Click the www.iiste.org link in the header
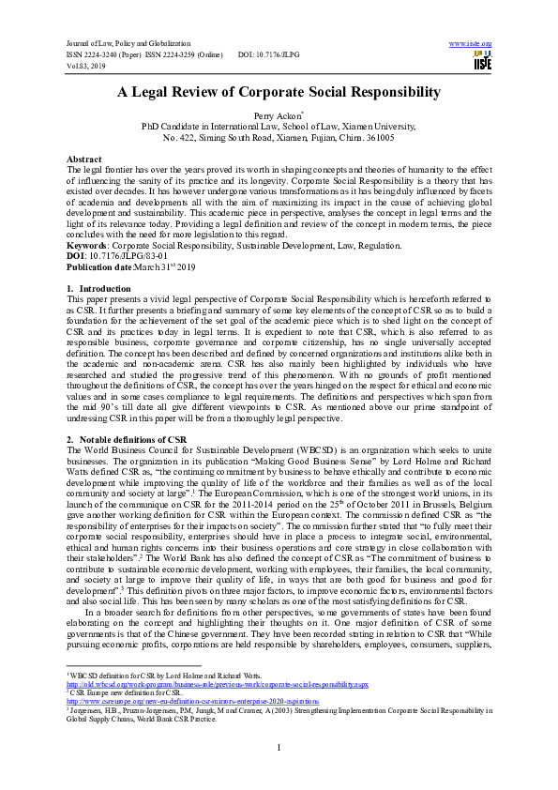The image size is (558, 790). point(471,44)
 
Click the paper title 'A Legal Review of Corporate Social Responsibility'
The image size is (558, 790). point(279,92)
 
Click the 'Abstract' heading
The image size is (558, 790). point(84,160)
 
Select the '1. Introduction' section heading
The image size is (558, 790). point(93,287)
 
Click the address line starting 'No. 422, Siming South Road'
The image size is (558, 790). point(279,137)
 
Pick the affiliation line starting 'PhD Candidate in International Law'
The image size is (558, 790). point(279,126)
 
